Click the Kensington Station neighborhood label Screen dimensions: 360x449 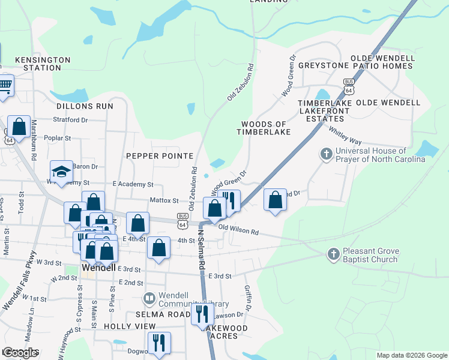(x=42, y=64)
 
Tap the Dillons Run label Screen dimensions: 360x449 (x=85, y=106)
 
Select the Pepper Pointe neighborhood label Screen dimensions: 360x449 (x=159, y=155)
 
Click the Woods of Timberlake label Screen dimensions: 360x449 (x=265, y=128)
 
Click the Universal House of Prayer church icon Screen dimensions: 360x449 (x=327, y=155)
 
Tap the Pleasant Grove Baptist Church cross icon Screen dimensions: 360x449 (x=334, y=254)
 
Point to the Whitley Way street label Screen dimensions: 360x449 (x=344, y=135)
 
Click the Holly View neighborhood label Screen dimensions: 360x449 (x=130, y=326)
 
